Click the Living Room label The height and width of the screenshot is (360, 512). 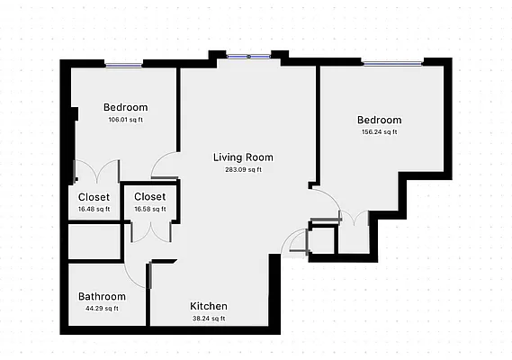[x=243, y=157]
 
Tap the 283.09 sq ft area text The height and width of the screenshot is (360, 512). [x=243, y=169]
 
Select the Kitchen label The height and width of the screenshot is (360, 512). [x=208, y=306]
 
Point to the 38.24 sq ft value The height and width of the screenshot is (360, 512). [x=208, y=318]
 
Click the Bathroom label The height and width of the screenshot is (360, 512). [x=102, y=296]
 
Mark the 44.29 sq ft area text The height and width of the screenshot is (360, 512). [x=102, y=309]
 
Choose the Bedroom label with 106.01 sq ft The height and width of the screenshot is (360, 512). [x=125, y=108]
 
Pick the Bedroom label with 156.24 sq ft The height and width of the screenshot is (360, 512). [x=379, y=121]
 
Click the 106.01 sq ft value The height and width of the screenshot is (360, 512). [x=125, y=120]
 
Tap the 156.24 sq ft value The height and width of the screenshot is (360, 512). [x=379, y=132]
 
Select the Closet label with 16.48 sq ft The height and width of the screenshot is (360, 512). [x=94, y=197]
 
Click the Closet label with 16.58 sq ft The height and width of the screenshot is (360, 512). [x=149, y=196]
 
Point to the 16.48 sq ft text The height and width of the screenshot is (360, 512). [x=94, y=209]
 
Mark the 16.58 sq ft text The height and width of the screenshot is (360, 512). [x=149, y=208]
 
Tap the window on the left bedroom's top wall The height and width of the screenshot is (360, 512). [x=123, y=64]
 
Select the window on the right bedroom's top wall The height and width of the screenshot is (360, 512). [x=391, y=61]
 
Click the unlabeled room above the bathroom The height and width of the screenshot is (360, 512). [x=94, y=241]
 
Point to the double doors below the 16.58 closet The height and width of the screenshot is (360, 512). [x=149, y=231]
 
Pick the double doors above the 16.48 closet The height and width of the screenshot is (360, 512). [x=95, y=171]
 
